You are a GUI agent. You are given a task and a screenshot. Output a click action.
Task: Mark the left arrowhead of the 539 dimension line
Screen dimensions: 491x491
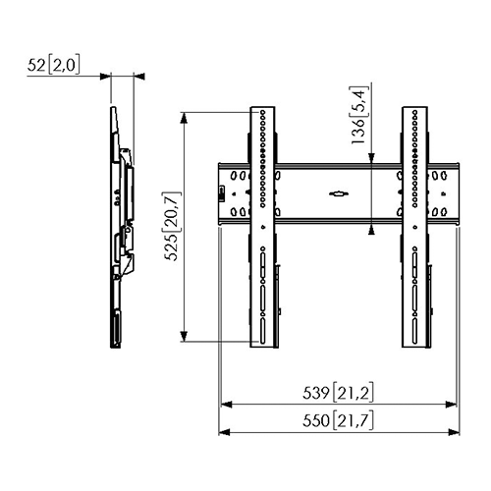222,404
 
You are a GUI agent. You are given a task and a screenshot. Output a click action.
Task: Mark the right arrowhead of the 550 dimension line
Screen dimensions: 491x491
458,431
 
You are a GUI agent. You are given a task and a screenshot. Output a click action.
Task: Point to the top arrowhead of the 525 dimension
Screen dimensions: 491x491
185,115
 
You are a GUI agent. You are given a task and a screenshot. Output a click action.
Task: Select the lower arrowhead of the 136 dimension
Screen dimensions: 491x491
370,230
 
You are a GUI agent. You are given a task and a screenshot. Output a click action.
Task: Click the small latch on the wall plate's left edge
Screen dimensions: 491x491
221,191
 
